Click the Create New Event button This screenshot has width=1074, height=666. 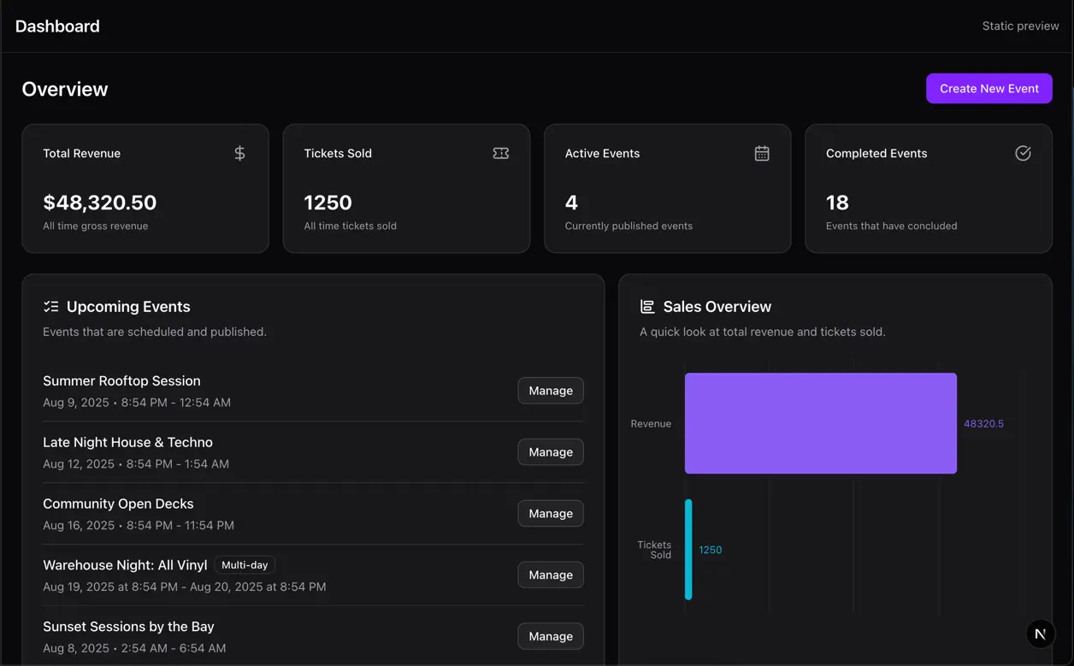coord(988,88)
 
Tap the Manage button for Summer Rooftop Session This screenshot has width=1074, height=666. coord(551,391)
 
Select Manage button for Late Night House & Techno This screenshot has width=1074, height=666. coord(551,452)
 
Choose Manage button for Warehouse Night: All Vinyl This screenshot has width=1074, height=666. coord(551,575)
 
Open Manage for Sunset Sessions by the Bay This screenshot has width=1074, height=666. coord(551,637)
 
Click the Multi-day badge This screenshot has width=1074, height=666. coord(245,565)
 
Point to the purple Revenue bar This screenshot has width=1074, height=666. coord(820,423)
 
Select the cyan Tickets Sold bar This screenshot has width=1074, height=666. coord(688,550)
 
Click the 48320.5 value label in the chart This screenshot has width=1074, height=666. coord(983,424)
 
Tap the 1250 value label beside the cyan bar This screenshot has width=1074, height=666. coord(710,550)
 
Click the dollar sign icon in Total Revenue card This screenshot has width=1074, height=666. coord(239,153)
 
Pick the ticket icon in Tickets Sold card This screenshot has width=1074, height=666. coord(501,153)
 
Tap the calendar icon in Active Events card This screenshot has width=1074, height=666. coord(762,153)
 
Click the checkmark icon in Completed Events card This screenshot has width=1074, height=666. coord(1023,153)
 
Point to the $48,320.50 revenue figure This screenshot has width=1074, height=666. coord(100,203)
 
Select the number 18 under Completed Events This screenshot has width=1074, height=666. coord(837,203)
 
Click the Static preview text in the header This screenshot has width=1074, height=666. coord(1020,26)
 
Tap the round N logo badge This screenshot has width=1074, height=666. coord(1040,634)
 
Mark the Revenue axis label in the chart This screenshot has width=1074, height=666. coord(651,424)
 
